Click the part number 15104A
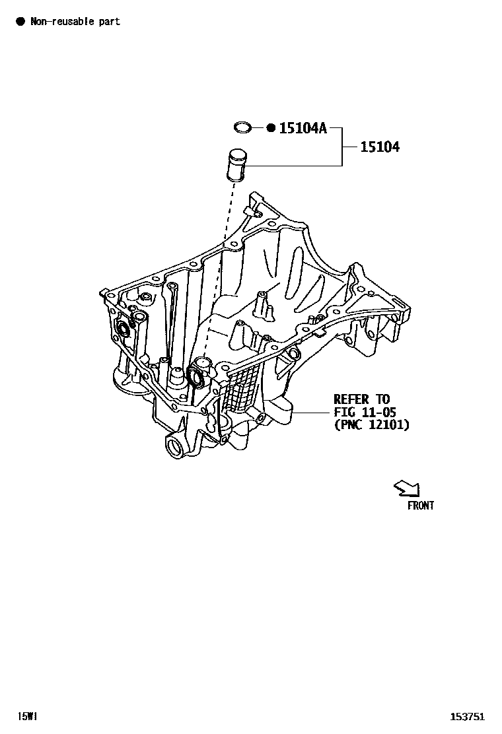point(303,128)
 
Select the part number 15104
point(379,147)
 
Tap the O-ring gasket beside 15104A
point(244,127)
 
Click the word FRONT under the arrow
point(420,506)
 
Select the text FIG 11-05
point(365,412)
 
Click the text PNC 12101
point(371,425)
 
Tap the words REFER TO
point(361,399)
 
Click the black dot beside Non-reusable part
point(20,22)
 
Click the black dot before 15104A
point(270,128)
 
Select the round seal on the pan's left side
point(122,329)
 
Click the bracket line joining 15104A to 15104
point(342,147)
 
